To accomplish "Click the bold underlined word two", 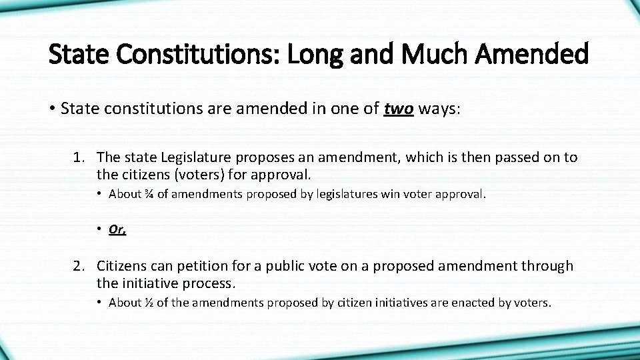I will click(399, 109).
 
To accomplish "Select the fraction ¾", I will click(149, 194).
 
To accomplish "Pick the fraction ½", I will click(149, 303).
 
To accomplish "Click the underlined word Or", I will click(117, 229).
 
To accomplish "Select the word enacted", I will click(474, 303).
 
